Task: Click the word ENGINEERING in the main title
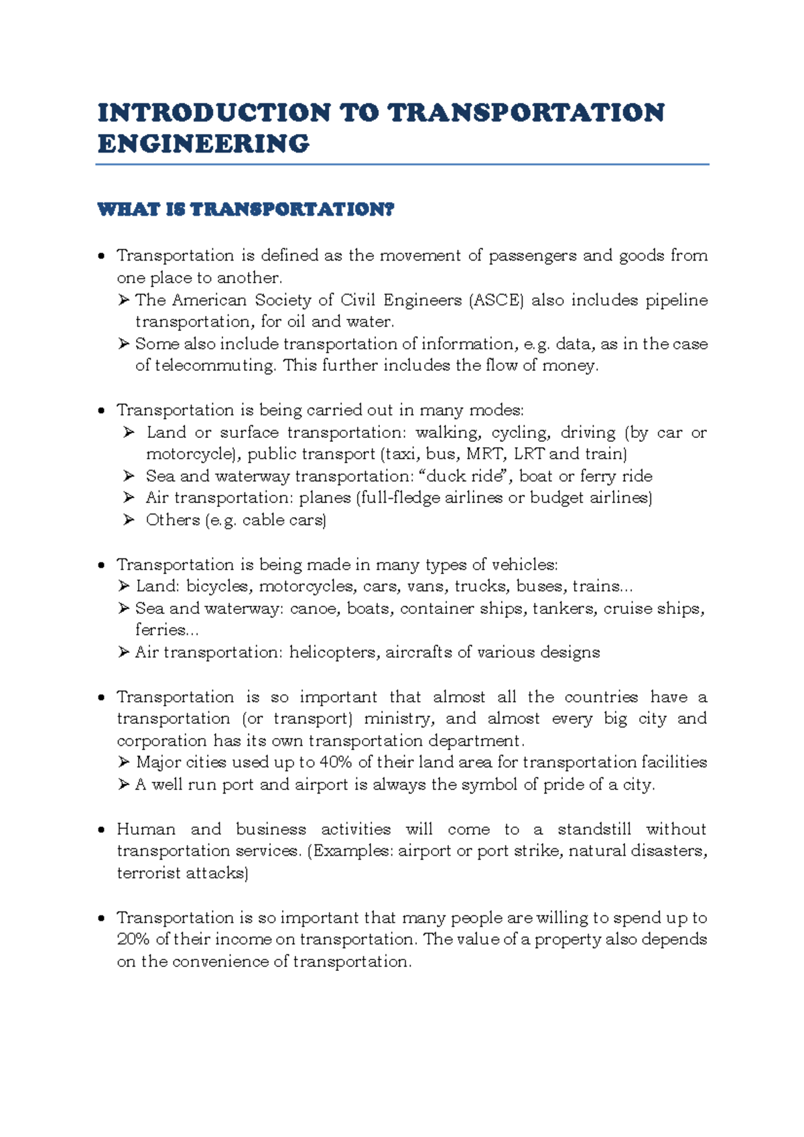tap(203, 144)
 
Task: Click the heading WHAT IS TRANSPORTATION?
tap(246, 210)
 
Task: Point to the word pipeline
tap(676, 300)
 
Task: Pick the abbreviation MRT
tap(484, 454)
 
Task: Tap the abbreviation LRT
tap(529, 454)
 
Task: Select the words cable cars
tap(284, 520)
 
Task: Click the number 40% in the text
tap(336, 762)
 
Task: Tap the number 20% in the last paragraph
tap(133, 939)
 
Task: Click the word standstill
tap(594, 829)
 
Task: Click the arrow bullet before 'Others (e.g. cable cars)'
tap(129, 520)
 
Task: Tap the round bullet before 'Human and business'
tap(101, 830)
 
